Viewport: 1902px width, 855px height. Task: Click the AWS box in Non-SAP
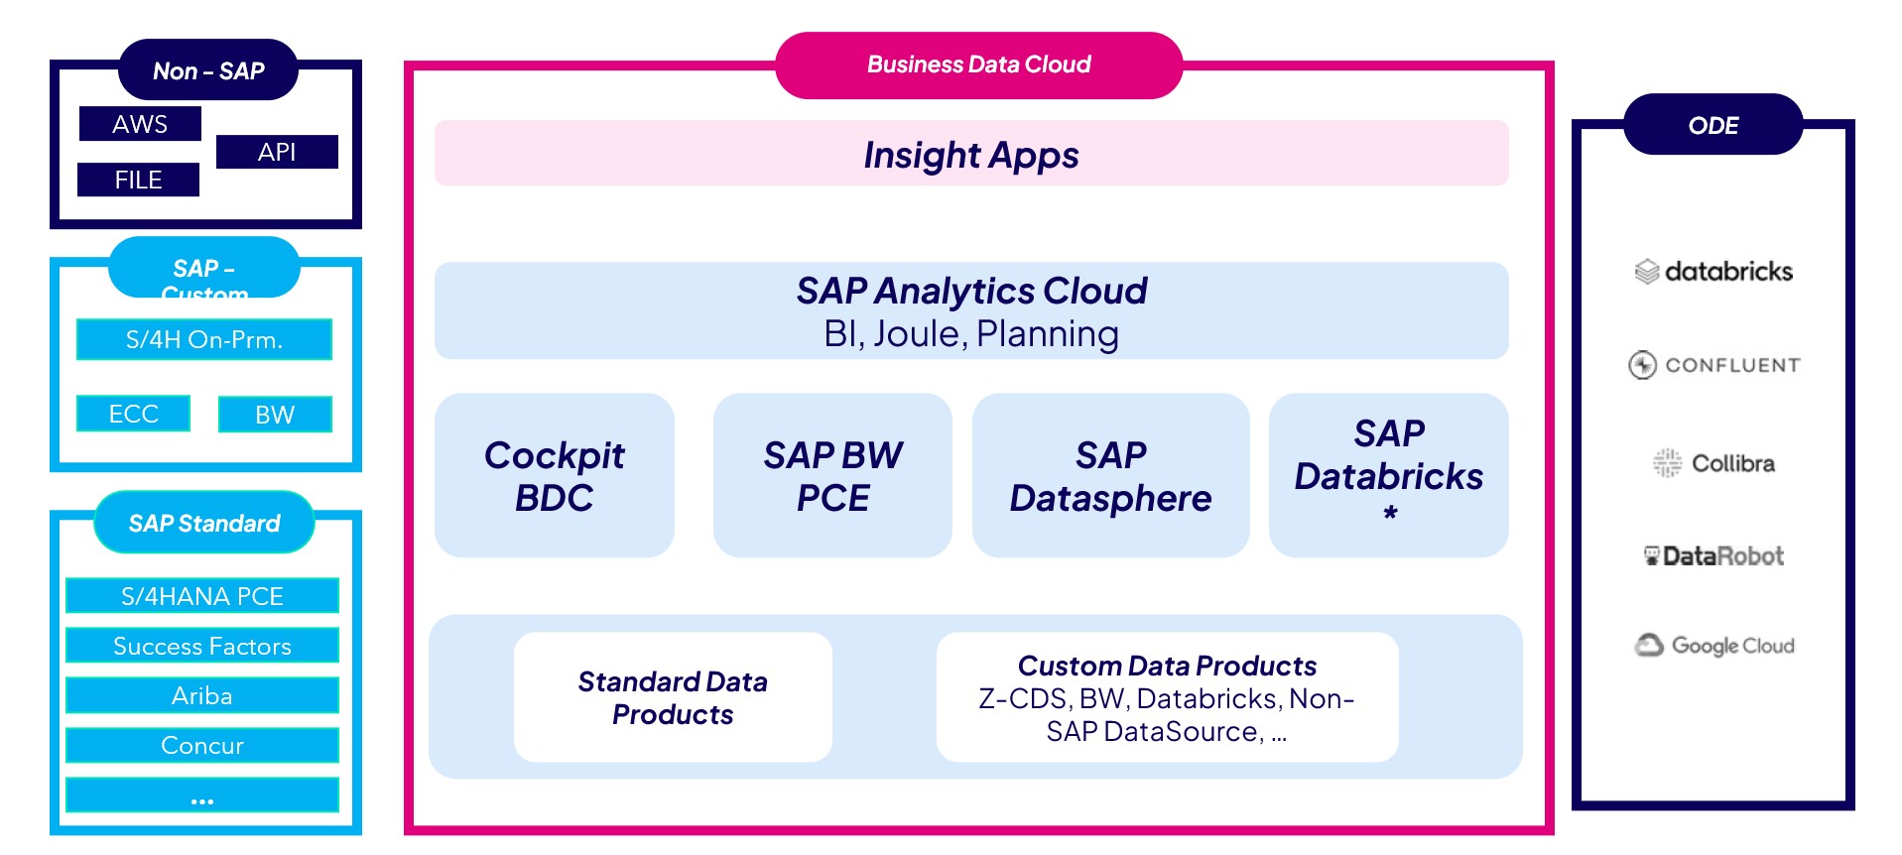[140, 124]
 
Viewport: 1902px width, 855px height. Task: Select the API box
[277, 152]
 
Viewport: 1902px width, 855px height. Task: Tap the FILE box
[138, 180]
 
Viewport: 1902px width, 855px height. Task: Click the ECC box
[133, 414]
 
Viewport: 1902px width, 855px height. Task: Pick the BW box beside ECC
[275, 415]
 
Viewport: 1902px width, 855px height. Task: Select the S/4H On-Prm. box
[204, 339]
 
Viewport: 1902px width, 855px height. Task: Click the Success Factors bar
[202, 646]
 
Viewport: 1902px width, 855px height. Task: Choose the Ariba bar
[202, 695]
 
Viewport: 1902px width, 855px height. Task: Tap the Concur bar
[202, 745]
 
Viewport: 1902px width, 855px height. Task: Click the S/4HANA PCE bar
[202, 596]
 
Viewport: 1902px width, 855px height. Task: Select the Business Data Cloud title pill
[978, 65]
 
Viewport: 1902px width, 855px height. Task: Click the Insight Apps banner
[971, 154]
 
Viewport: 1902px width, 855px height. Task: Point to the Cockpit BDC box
[555, 475]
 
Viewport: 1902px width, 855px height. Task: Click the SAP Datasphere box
[1110, 475]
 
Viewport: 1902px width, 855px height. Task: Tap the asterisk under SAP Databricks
[1390, 513]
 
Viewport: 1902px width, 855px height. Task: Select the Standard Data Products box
[673, 697]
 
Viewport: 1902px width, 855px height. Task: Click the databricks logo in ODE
[1713, 271]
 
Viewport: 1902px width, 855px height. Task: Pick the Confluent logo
[1713, 365]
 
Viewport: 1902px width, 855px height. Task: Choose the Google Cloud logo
[1714, 646]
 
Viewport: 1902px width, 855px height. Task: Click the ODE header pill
[1713, 125]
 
